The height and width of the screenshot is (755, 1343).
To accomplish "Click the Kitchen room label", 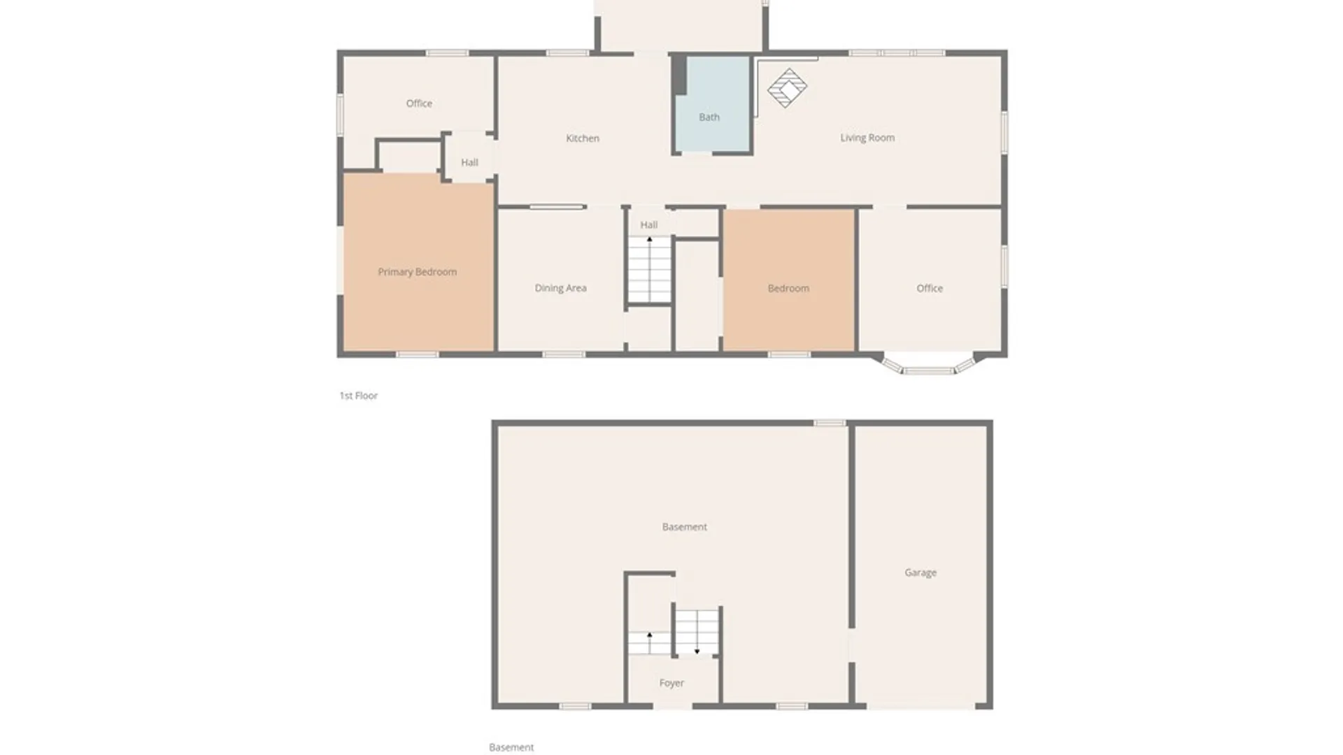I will click(x=582, y=138).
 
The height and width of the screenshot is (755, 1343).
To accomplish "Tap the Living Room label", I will click(x=867, y=138).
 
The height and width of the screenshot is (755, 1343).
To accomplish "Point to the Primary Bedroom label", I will click(x=417, y=272).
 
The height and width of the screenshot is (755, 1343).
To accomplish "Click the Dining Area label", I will click(x=560, y=288).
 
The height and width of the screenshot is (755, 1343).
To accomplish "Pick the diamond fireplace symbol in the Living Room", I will click(x=787, y=88).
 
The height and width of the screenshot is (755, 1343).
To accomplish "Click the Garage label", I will click(x=920, y=573).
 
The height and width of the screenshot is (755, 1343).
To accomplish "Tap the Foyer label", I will click(x=671, y=683).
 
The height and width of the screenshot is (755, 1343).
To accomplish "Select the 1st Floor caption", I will click(x=358, y=396).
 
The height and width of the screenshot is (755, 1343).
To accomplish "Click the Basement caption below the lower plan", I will click(x=511, y=747).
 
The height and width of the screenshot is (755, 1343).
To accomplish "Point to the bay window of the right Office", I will click(x=928, y=368).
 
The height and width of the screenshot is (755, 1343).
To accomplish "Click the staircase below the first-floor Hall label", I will click(x=649, y=270).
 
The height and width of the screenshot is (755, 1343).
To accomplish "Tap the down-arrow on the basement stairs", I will click(x=697, y=651).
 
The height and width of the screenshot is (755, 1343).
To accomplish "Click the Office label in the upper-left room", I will click(x=419, y=103).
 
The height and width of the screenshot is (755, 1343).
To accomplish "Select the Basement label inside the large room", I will click(x=684, y=527).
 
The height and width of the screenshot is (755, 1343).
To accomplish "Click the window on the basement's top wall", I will click(x=830, y=423).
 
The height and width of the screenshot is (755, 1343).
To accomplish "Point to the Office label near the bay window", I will click(x=929, y=288).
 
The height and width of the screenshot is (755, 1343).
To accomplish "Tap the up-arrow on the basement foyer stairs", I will click(x=649, y=635).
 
